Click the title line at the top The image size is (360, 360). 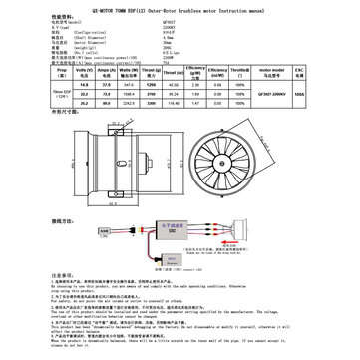(180, 4)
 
